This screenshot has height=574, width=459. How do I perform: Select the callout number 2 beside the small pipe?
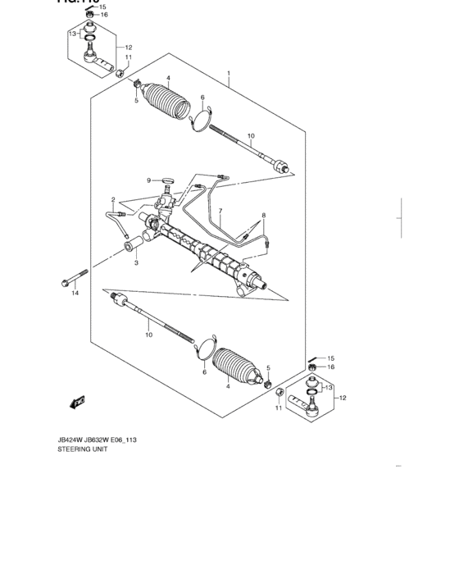(114, 199)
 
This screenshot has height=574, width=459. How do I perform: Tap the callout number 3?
(136, 263)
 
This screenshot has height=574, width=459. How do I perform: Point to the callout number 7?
(220, 211)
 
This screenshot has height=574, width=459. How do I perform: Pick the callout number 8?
(264, 216)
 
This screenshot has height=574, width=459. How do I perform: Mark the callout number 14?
(75, 293)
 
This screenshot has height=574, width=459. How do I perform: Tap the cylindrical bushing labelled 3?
(130, 248)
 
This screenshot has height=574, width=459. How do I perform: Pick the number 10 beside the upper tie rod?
(251, 136)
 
